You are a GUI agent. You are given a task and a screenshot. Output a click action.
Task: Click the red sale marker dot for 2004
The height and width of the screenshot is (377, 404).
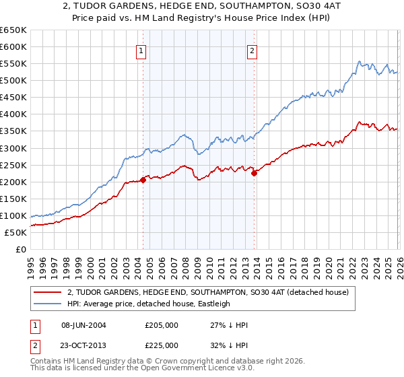coord(143,180)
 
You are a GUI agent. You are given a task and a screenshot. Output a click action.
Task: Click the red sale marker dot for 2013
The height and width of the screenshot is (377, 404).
coord(255,173)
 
